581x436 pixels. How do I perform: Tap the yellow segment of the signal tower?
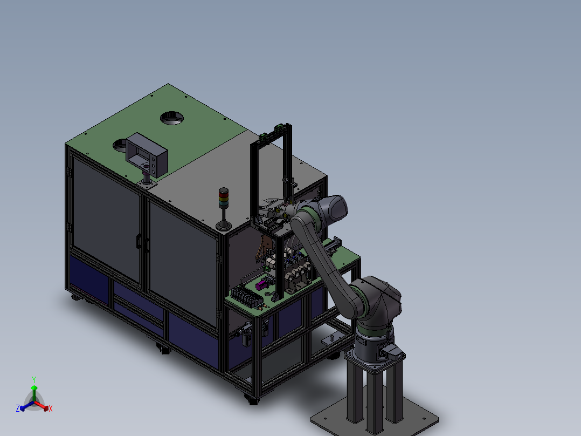pyautogui.click(x=224, y=199)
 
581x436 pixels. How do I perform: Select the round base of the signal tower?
pyautogui.click(x=224, y=225)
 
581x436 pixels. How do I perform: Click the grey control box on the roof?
pyautogui.click(x=147, y=154)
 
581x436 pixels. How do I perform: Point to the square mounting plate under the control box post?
pyautogui.click(x=147, y=183)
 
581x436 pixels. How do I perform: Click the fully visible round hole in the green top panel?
pyautogui.click(x=172, y=118)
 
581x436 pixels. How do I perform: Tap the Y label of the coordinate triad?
pyautogui.click(x=34, y=379)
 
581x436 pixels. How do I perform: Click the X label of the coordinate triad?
pyautogui.click(x=51, y=408)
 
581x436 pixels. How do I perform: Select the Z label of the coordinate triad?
pyautogui.click(x=18, y=408)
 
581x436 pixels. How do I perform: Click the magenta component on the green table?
pyautogui.click(x=261, y=285)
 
